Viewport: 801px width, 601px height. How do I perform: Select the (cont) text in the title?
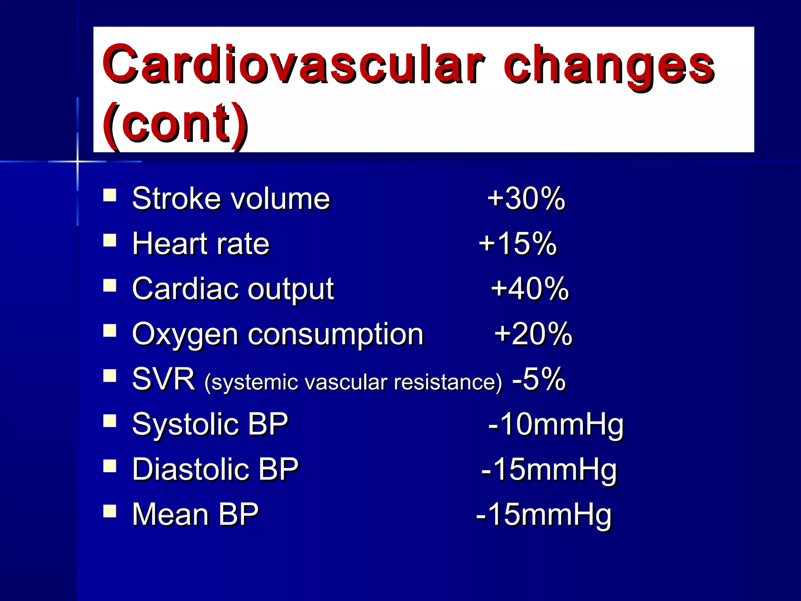(x=175, y=123)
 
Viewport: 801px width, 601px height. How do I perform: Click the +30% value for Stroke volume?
(x=526, y=198)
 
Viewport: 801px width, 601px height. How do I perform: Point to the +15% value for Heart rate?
(x=517, y=243)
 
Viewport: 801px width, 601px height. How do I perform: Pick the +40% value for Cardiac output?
(x=530, y=289)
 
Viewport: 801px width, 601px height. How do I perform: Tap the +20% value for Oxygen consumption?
(x=533, y=334)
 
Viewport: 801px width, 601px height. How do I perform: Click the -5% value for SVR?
(x=539, y=379)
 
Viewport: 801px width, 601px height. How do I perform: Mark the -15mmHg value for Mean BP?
(x=543, y=515)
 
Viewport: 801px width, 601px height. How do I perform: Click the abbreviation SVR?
(x=163, y=379)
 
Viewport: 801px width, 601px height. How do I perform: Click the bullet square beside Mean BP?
(x=110, y=511)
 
